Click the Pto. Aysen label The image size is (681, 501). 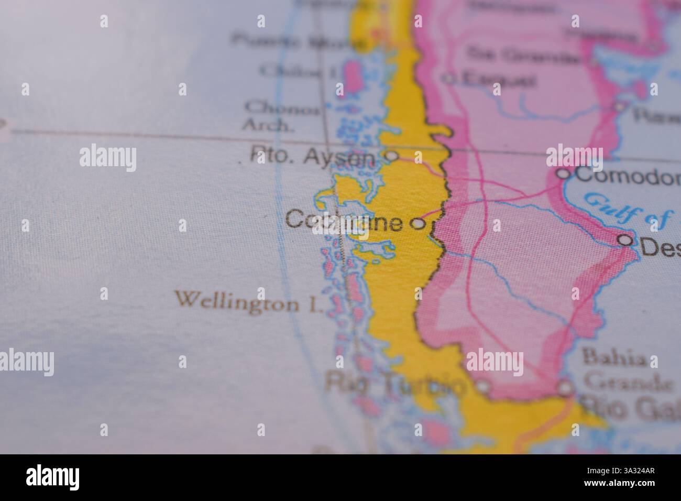click(x=313, y=156)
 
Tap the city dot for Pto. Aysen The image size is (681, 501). click(x=391, y=156)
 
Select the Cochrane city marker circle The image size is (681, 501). click(x=418, y=224)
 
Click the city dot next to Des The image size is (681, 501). click(x=625, y=240)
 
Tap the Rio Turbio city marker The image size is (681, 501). click(x=483, y=387)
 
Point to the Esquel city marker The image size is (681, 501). click(x=449, y=79)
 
